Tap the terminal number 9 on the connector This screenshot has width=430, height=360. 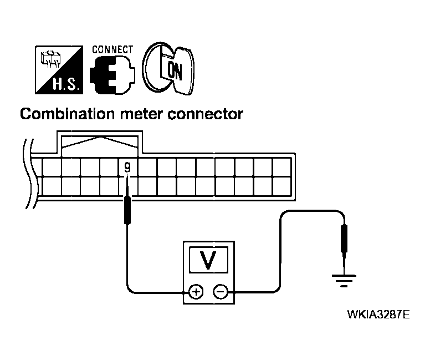coord(128,165)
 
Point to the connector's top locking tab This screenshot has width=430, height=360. coord(100,142)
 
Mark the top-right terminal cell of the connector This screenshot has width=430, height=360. coord(281,167)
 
